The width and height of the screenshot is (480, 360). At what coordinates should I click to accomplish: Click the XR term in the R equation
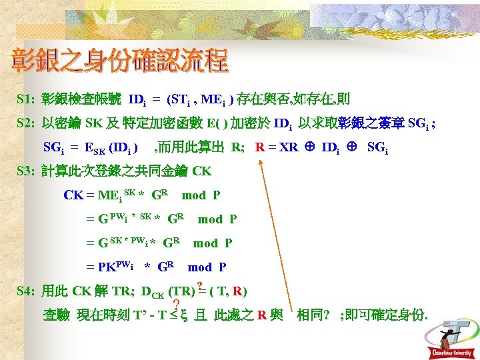(x=288, y=147)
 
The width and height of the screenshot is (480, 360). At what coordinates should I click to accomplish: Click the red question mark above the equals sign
(x=199, y=286)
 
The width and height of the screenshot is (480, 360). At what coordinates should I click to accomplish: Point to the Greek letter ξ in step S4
(x=183, y=315)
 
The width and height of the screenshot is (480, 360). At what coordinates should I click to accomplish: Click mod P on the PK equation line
(x=207, y=267)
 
